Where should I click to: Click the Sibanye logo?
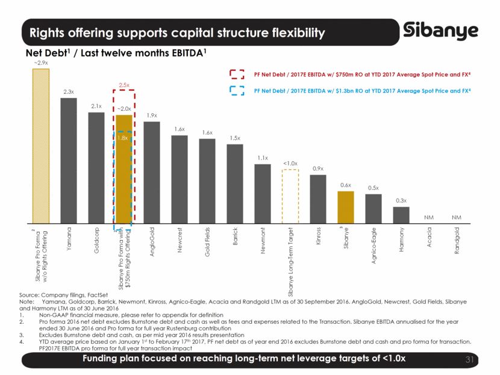(x=441, y=31)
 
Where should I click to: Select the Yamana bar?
(x=69, y=160)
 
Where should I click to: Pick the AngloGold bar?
(x=152, y=172)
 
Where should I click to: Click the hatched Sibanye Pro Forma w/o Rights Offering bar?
(x=41, y=144)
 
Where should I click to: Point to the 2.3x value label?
(x=69, y=92)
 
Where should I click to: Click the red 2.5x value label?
(x=124, y=85)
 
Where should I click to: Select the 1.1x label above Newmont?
(x=263, y=158)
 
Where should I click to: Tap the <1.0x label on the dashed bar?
(x=290, y=164)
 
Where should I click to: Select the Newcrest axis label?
(x=180, y=240)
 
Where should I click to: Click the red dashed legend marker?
(x=237, y=74)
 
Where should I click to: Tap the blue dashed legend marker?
(x=237, y=90)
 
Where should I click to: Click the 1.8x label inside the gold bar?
(x=123, y=138)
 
